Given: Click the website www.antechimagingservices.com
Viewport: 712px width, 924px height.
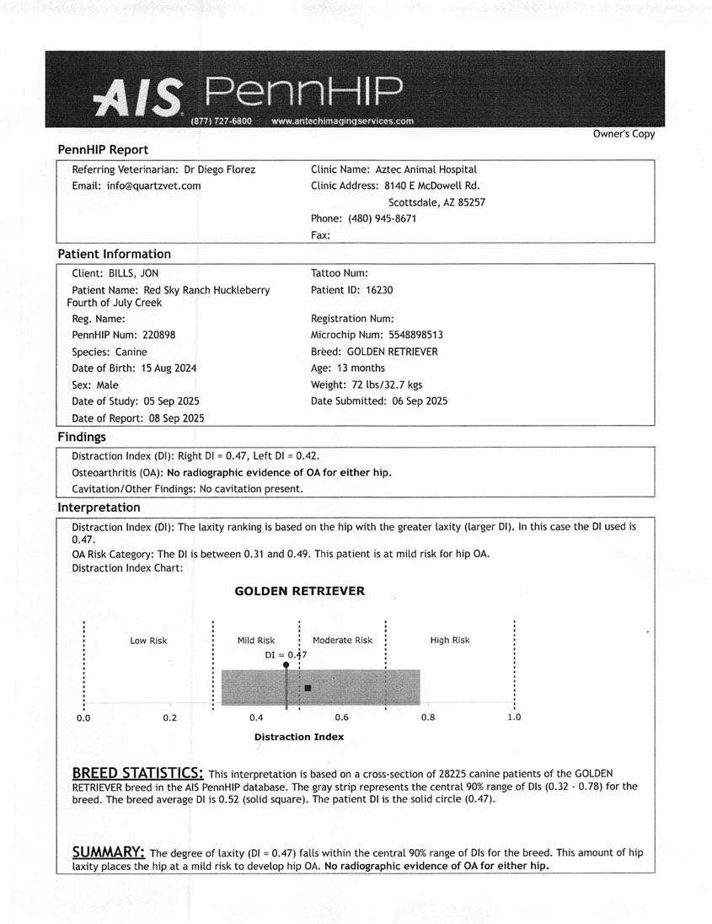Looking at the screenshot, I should coord(343,121).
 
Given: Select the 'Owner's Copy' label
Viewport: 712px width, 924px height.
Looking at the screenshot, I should coord(624,134).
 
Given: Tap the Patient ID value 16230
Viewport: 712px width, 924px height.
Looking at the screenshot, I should coord(379,290).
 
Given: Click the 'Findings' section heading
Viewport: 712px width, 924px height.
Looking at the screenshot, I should coord(82,437).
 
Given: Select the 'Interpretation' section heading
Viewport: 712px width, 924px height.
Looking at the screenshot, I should coord(99,508).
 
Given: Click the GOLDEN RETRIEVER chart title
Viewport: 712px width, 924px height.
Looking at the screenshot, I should coord(299,591).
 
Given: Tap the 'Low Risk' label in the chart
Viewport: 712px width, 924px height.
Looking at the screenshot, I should coord(148,641).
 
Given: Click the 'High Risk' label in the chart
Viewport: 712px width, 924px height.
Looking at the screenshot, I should coord(450,641).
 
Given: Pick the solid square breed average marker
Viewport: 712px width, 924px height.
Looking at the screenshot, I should coord(308,689).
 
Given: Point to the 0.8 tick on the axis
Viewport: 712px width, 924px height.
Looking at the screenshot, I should coord(427,717).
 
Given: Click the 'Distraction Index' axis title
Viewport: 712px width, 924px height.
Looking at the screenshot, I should coord(299,737).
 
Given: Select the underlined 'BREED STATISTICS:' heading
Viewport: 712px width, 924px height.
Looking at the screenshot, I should coord(137,773).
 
